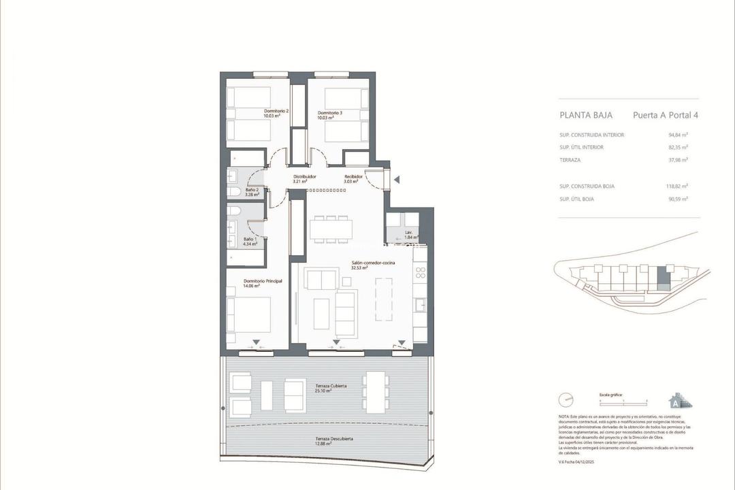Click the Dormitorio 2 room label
click(x=276, y=114)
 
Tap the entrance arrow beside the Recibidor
click(x=399, y=180)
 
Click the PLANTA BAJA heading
click(x=586, y=115)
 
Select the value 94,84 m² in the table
click(x=679, y=135)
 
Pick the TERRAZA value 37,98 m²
click(x=679, y=160)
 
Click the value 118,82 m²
click(x=676, y=186)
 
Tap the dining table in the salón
click(x=330, y=229)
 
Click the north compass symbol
click(x=565, y=399)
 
